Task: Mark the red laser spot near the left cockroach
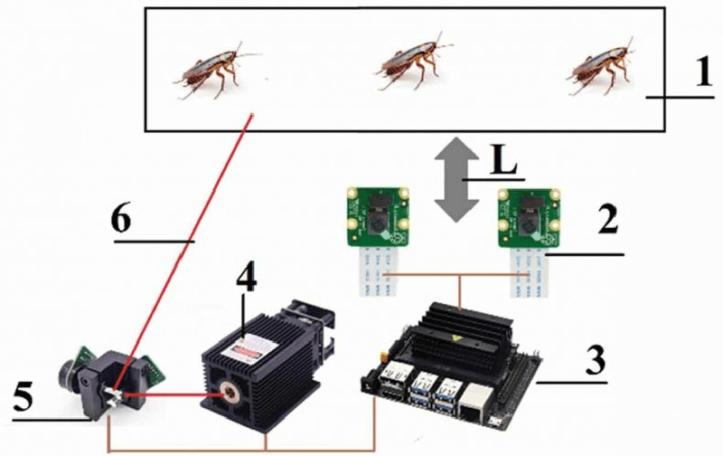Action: click(x=251, y=115)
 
